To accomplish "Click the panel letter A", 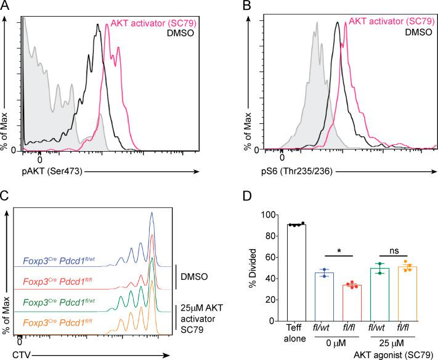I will (6, 6).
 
